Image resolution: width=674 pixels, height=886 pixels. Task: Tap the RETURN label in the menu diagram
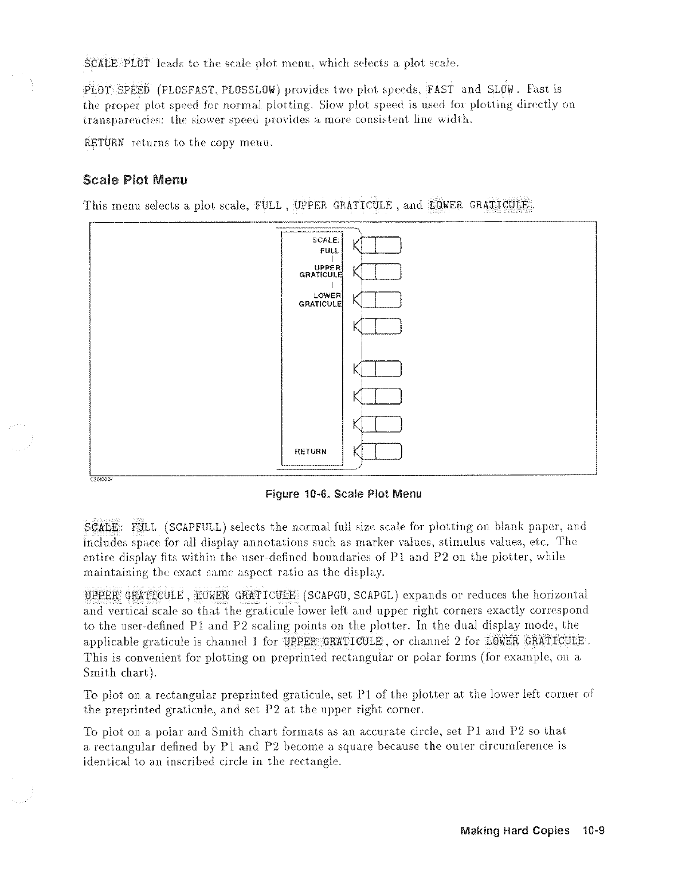(x=311, y=452)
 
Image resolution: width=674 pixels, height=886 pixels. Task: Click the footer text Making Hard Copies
(x=515, y=830)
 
